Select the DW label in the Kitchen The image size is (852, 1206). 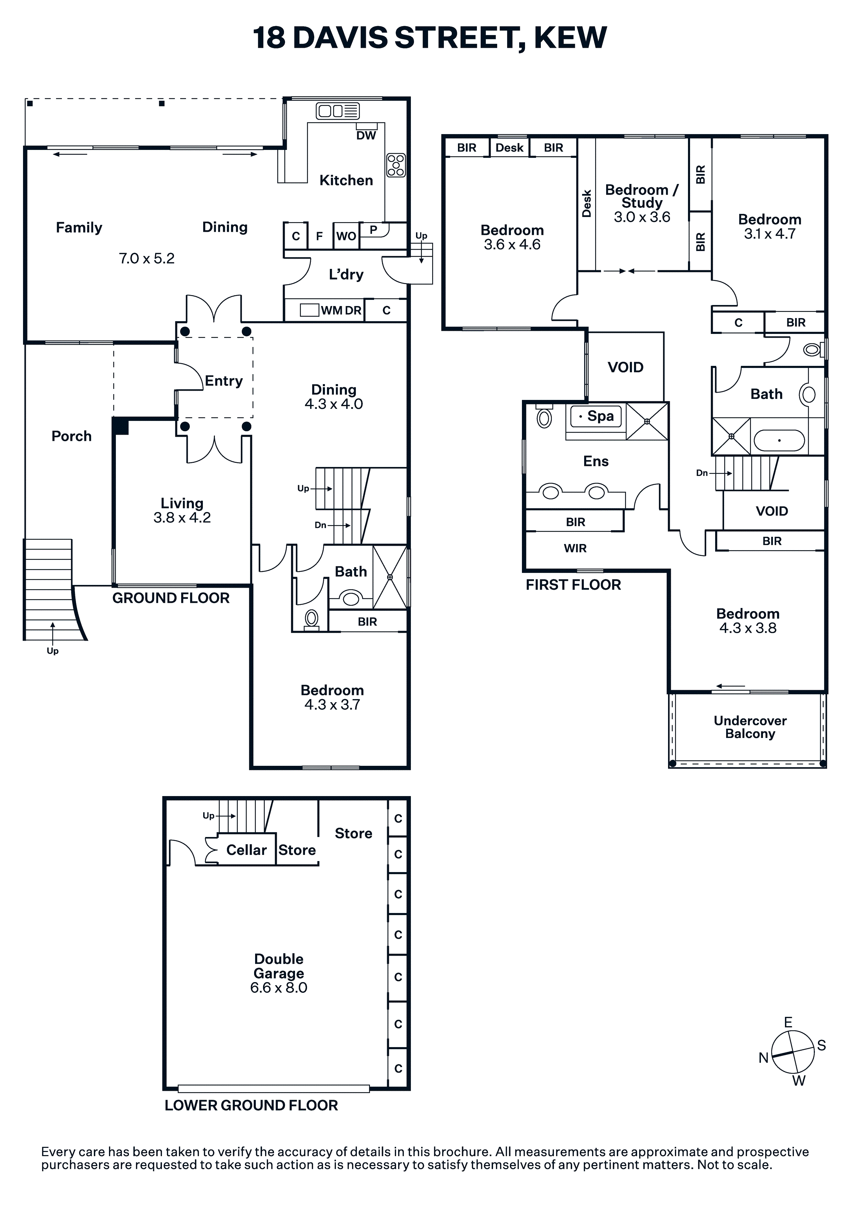[366, 135]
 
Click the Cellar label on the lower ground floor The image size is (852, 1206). [247, 850]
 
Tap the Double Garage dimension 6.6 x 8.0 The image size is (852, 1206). [278, 988]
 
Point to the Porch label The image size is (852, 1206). [72, 436]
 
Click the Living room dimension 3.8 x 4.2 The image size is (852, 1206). [182, 518]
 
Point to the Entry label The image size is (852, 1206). [224, 381]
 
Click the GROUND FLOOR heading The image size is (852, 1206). [171, 598]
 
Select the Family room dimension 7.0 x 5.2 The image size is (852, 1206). [146, 259]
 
